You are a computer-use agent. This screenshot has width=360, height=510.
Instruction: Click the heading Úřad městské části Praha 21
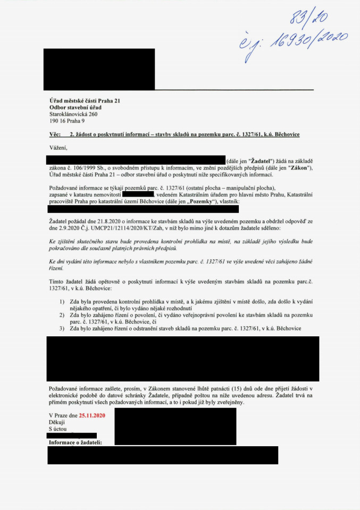click(88, 101)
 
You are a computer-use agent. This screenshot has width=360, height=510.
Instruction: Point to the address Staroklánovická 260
click(73, 114)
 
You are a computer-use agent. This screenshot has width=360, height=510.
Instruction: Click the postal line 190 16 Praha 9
click(67, 121)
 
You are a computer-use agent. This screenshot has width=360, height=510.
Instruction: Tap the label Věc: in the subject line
click(54, 134)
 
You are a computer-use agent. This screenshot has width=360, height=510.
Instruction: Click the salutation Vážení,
click(58, 147)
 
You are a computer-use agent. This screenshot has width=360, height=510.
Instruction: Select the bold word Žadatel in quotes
click(262, 161)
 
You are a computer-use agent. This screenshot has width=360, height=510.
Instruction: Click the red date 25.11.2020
click(91, 415)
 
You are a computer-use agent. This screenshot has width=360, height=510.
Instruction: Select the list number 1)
click(62, 301)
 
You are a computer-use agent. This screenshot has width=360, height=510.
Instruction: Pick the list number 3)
click(62, 328)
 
